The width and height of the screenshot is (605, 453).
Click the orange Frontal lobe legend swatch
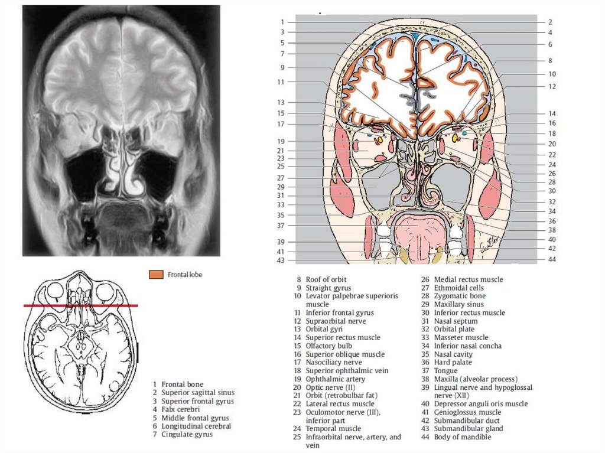pos(156,275)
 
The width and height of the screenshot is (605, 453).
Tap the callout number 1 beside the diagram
pos(282,22)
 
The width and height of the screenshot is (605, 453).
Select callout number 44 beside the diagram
pos(551,259)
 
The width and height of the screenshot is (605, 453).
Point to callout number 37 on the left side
pos(281,226)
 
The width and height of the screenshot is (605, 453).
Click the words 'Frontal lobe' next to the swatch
pos(185,275)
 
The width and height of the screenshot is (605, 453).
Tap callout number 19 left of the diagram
pos(281,141)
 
